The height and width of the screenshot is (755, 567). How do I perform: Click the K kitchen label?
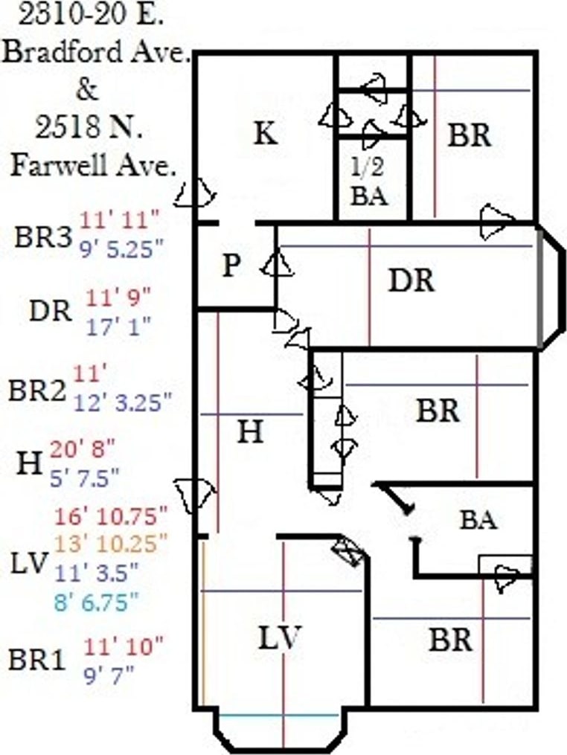(x=265, y=135)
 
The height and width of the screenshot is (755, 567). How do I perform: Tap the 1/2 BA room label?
(x=370, y=182)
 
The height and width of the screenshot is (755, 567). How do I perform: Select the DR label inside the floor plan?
(x=411, y=281)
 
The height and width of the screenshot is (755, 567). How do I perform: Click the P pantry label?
(x=231, y=266)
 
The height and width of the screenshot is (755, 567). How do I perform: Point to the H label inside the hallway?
(x=251, y=431)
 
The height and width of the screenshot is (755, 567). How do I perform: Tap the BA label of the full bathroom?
(x=478, y=519)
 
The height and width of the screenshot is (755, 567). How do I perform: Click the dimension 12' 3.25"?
(x=123, y=402)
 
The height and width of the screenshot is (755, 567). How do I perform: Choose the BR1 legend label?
(x=38, y=659)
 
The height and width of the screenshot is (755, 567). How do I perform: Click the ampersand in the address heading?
(x=87, y=90)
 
